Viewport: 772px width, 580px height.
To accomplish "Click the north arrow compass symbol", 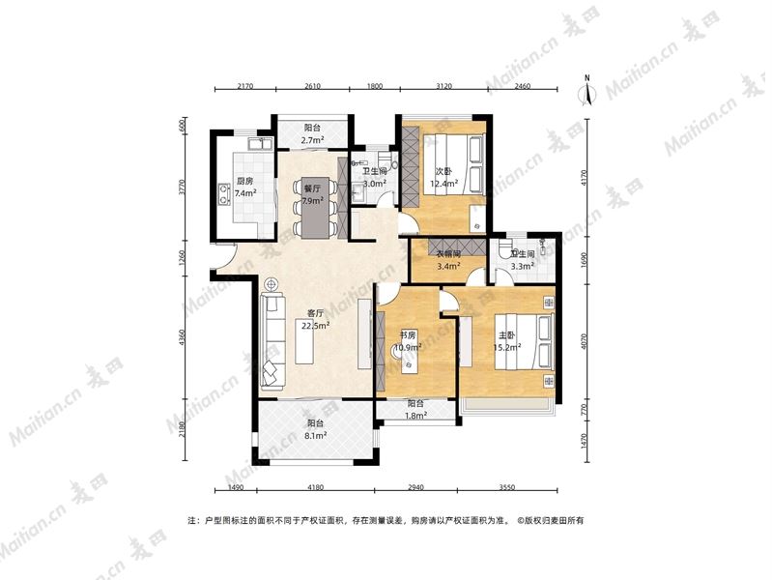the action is click(x=586, y=91).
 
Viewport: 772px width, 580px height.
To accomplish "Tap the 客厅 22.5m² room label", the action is click(x=312, y=319).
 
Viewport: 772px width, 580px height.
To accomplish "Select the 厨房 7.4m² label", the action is click(x=244, y=187).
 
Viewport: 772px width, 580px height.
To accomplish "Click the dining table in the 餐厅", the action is click(x=315, y=208).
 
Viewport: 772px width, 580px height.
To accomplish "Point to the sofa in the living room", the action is click(x=272, y=339).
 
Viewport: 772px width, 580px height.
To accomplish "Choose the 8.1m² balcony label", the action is click(x=316, y=429).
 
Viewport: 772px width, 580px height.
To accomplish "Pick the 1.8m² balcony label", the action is click(x=415, y=410).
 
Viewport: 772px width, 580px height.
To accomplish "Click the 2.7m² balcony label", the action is click(x=313, y=133).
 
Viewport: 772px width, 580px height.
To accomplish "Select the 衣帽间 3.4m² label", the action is click(x=448, y=261).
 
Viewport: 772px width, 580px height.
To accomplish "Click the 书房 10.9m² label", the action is click(x=410, y=341).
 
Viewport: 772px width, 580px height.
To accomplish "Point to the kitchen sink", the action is click(x=261, y=144).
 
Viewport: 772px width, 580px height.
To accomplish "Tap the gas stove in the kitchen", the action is click(x=224, y=193).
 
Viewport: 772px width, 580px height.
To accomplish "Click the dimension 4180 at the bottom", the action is click(x=316, y=487).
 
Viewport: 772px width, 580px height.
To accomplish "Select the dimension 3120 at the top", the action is click(x=443, y=86).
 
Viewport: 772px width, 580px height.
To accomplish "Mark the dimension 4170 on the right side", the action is click(x=585, y=177).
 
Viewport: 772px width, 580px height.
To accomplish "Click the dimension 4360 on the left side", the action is click(x=184, y=338).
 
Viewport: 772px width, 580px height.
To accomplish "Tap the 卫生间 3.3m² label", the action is click(x=523, y=260).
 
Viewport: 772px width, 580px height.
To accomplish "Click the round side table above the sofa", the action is click(x=271, y=284).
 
